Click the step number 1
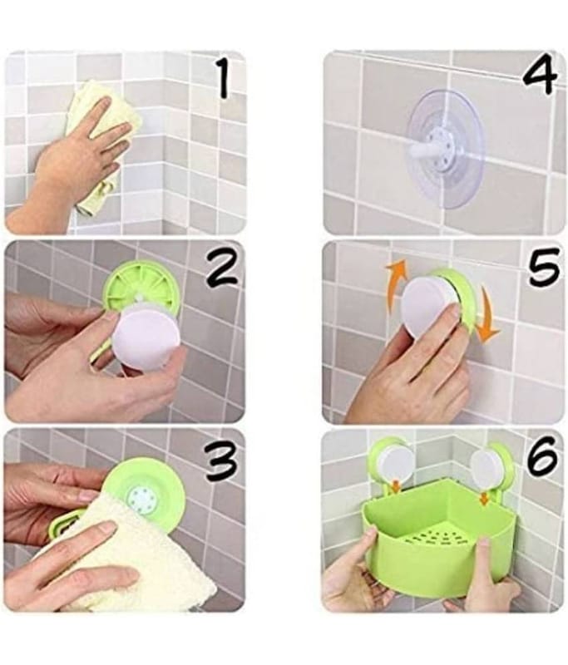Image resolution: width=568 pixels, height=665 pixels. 222,78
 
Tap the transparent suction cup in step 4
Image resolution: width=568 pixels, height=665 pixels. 445,150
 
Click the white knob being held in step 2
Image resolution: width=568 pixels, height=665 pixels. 146,332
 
